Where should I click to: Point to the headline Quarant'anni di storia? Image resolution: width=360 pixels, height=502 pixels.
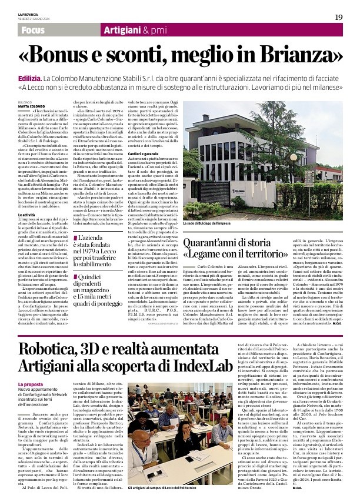pos(234,243)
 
